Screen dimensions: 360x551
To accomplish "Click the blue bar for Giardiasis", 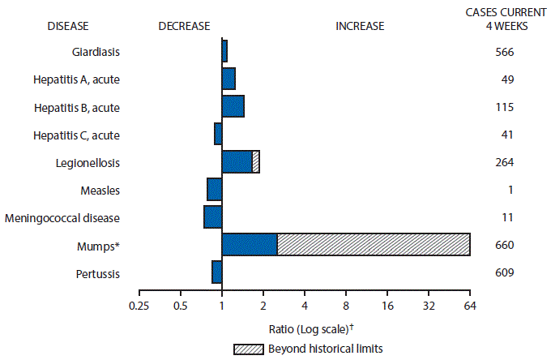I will (x=224, y=51).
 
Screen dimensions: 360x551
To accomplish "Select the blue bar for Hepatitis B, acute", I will (x=233, y=106).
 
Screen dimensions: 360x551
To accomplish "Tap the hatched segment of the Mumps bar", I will (x=374, y=245).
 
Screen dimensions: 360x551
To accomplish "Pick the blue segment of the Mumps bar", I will (x=250, y=245).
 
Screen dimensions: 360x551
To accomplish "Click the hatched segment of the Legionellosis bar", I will (x=256, y=162).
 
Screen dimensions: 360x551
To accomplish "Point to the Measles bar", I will (x=215, y=190).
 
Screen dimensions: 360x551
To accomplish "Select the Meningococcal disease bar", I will (x=213, y=217).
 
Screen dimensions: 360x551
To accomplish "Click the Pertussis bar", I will (x=217, y=272).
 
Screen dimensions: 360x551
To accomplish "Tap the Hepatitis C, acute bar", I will (x=218, y=134).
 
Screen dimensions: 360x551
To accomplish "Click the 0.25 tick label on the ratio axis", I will (x=139, y=306).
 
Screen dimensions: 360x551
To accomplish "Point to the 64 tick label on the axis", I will (x=470, y=306).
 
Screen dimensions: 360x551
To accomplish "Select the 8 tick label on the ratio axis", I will (x=346, y=306).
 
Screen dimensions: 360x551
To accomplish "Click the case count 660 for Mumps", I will (x=504, y=245).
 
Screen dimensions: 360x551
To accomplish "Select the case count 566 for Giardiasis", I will (x=504, y=52).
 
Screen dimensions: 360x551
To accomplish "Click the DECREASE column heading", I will (x=184, y=25).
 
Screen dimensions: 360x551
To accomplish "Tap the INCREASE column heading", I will (x=360, y=25).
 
